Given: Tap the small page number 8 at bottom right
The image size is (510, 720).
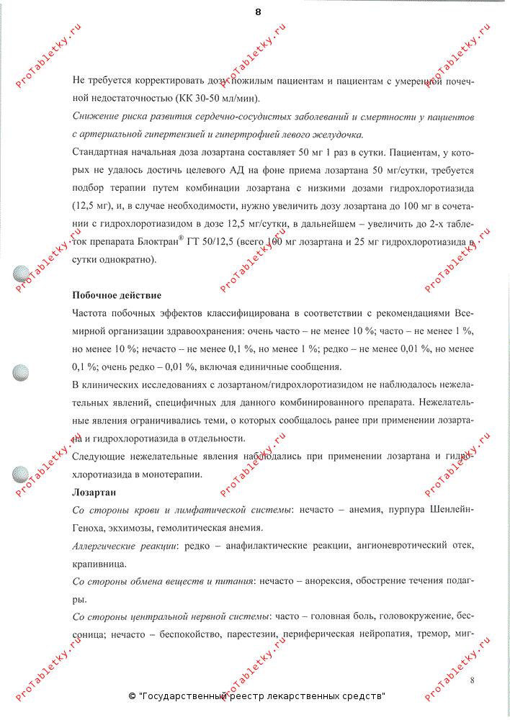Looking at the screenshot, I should pos(472,680).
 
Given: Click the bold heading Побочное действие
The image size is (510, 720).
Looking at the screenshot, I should pos(117,295).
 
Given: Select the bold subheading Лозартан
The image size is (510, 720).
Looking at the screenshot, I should pos(95,492).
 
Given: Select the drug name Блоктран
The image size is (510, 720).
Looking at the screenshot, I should pos(163,243).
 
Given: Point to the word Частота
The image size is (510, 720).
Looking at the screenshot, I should pos(91,313).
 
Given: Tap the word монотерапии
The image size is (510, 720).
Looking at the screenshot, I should pos(172,474).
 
